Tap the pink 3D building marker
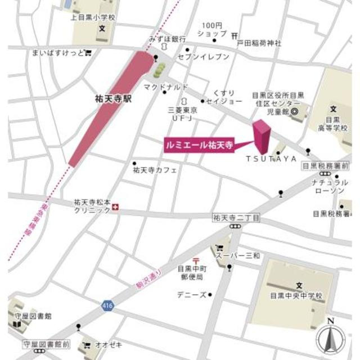pyautogui.click(x=262, y=136)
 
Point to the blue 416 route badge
pyautogui.click(x=106, y=305)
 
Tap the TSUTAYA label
pyautogui.click(x=271, y=159)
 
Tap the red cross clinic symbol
pyautogui.click(x=116, y=208)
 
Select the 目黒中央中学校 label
pyautogui.click(x=295, y=295)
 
